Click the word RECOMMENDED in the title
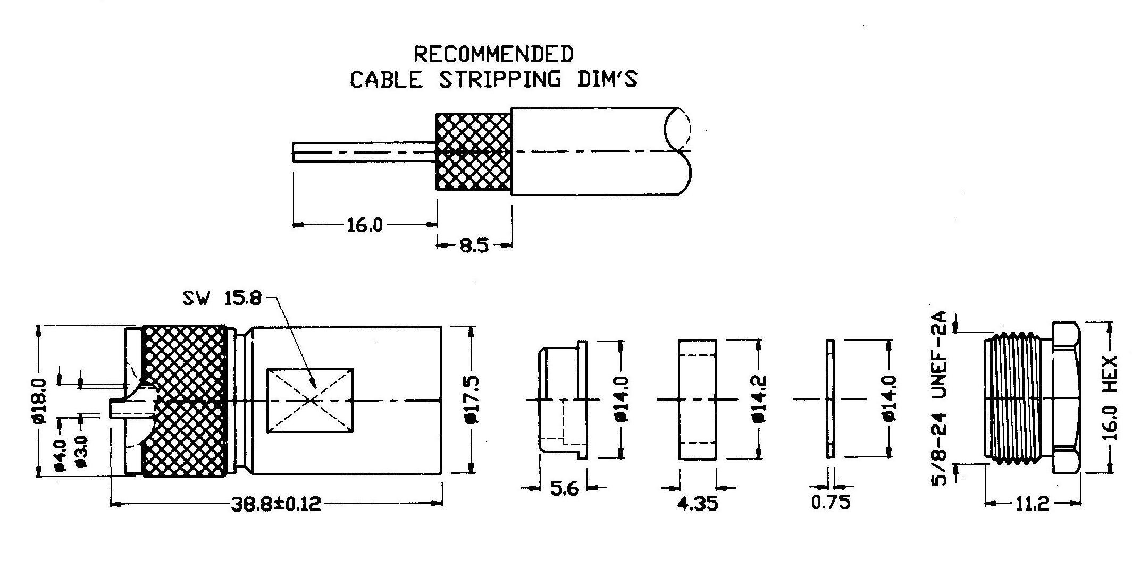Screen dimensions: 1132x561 click(493, 54)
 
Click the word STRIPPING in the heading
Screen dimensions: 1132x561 click(500, 79)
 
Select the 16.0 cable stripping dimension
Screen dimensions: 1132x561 click(364, 225)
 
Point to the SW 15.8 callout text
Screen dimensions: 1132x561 click(222, 299)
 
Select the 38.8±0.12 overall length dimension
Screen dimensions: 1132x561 click(276, 504)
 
